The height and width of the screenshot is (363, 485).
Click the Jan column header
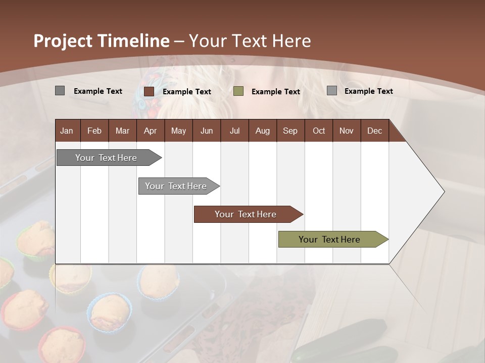(x=67, y=131)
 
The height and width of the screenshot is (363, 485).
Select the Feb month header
(x=94, y=131)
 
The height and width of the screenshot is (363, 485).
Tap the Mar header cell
(x=122, y=131)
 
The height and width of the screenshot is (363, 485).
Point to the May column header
(x=178, y=131)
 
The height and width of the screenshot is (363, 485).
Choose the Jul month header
(x=234, y=131)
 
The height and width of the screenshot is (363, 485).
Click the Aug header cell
(x=262, y=131)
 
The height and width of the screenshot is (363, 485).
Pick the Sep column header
(x=290, y=131)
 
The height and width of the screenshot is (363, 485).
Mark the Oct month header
(x=318, y=131)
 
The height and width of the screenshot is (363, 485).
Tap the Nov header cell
(x=346, y=131)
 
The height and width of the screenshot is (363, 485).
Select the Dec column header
(x=374, y=131)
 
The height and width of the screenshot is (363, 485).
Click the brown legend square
(x=149, y=91)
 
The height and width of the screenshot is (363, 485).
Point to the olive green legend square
(x=238, y=91)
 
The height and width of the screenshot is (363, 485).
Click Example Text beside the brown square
(x=187, y=92)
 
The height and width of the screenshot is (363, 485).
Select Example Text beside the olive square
(x=276, y=92)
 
